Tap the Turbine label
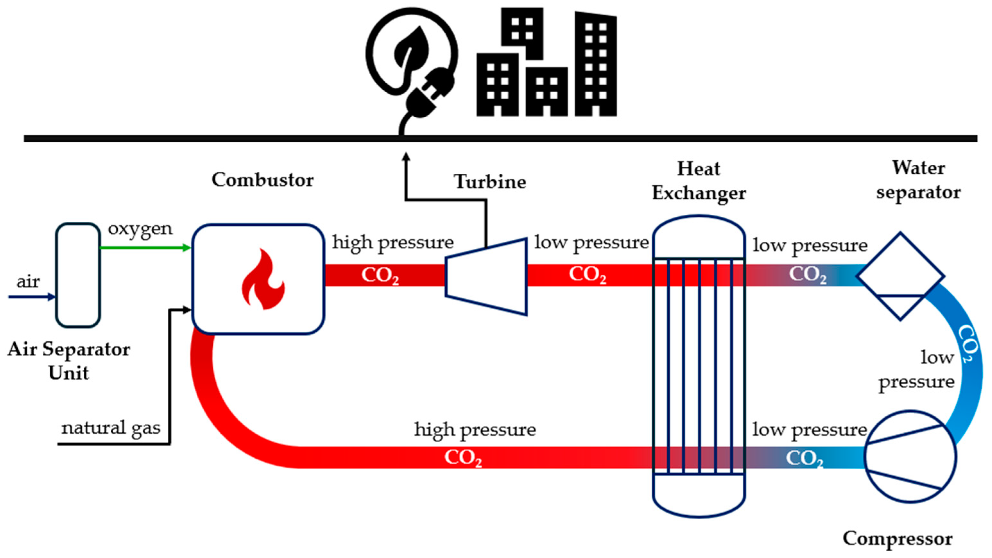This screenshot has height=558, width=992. tap(490, 182)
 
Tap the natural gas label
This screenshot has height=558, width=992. tap(111, 428)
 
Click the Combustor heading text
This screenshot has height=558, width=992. tap(263, 180)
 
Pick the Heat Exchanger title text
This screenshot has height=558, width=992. tap(698, 181)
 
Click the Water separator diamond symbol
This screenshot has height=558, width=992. tap(900, 276)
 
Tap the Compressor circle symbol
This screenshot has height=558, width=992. tap(911, 457)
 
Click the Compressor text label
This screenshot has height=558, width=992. tap(897, 538)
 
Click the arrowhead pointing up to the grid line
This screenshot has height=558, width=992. tap(406, 157)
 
